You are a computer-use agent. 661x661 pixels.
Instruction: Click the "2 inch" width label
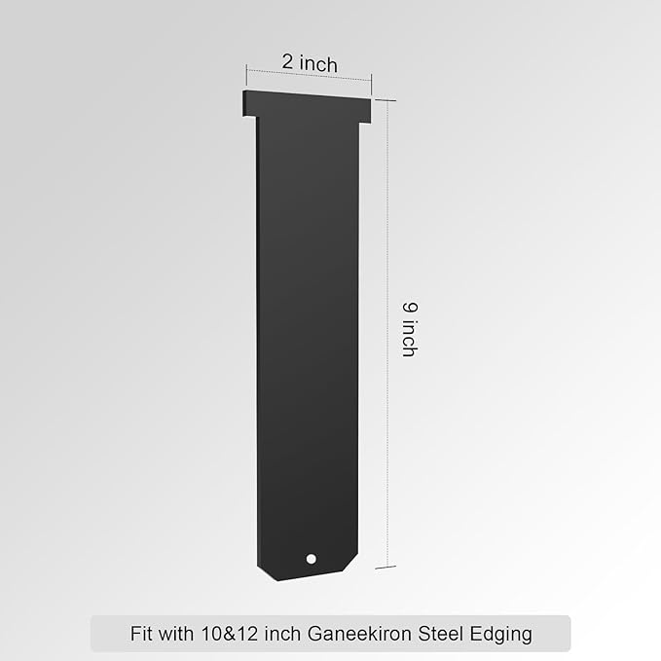(310, 63)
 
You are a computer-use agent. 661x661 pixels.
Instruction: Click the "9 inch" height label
(410, 328)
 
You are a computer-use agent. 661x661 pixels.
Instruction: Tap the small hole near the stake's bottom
(311, 559)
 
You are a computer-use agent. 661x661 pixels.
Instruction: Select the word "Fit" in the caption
(142, 634)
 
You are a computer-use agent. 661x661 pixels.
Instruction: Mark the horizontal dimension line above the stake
(310, 77)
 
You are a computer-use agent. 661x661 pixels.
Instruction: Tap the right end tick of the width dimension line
(372, 80)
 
